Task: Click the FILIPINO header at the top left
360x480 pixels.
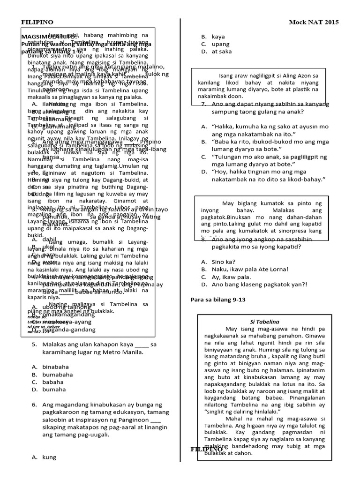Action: click(x=37, y=22)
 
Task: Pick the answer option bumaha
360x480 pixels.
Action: click(x=53, y=389)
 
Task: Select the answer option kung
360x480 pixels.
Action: click(x=49, y=457)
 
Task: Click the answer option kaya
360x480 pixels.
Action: click(x=218, y=37)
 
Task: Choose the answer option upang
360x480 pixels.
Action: click(x=221, y=44)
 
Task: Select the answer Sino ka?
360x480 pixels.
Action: click(x=224, y=262)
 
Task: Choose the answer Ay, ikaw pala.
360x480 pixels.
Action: click(x=231, y=277)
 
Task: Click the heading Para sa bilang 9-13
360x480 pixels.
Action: click(x=217, y=299)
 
